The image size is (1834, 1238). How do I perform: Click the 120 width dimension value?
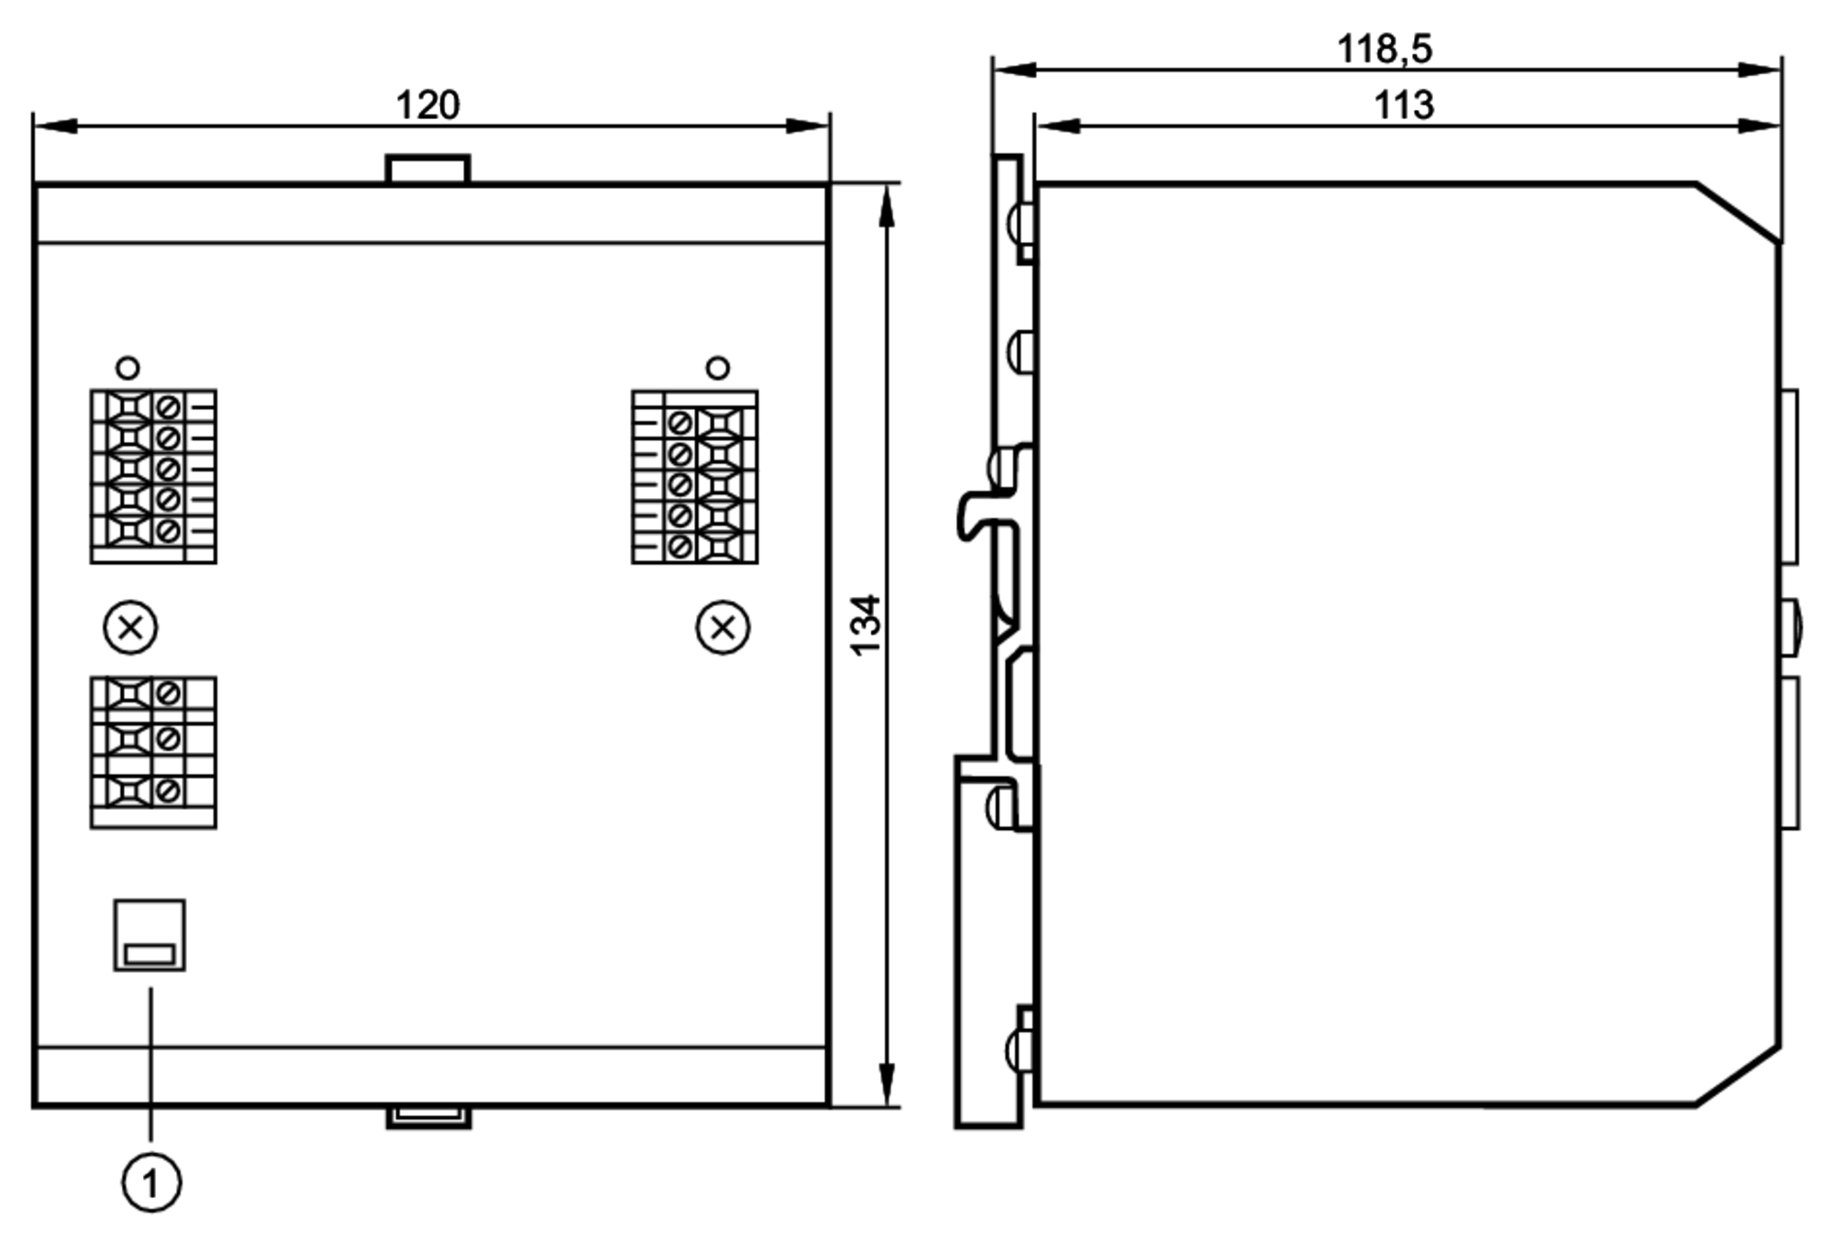427,105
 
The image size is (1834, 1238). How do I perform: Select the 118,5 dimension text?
1384,49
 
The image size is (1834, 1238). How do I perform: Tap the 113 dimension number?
1403,105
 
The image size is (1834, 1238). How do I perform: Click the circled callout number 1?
151,1182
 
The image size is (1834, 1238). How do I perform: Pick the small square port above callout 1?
149,934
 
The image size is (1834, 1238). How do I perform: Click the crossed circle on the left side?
131,628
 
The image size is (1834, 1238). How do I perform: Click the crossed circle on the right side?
724,628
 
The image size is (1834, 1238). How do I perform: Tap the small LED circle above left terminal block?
128,369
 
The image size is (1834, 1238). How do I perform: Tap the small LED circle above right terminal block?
718,368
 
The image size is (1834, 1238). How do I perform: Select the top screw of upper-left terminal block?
168,407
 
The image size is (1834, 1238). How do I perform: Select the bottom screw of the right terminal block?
679,547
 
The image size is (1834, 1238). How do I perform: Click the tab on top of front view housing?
427,171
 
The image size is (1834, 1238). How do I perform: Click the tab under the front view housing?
428,1116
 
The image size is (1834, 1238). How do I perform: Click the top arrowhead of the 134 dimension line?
886,206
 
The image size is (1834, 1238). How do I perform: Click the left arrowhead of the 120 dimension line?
55,126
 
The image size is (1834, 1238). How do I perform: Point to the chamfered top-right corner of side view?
1738,213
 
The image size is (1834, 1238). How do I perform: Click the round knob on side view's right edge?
1790,627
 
